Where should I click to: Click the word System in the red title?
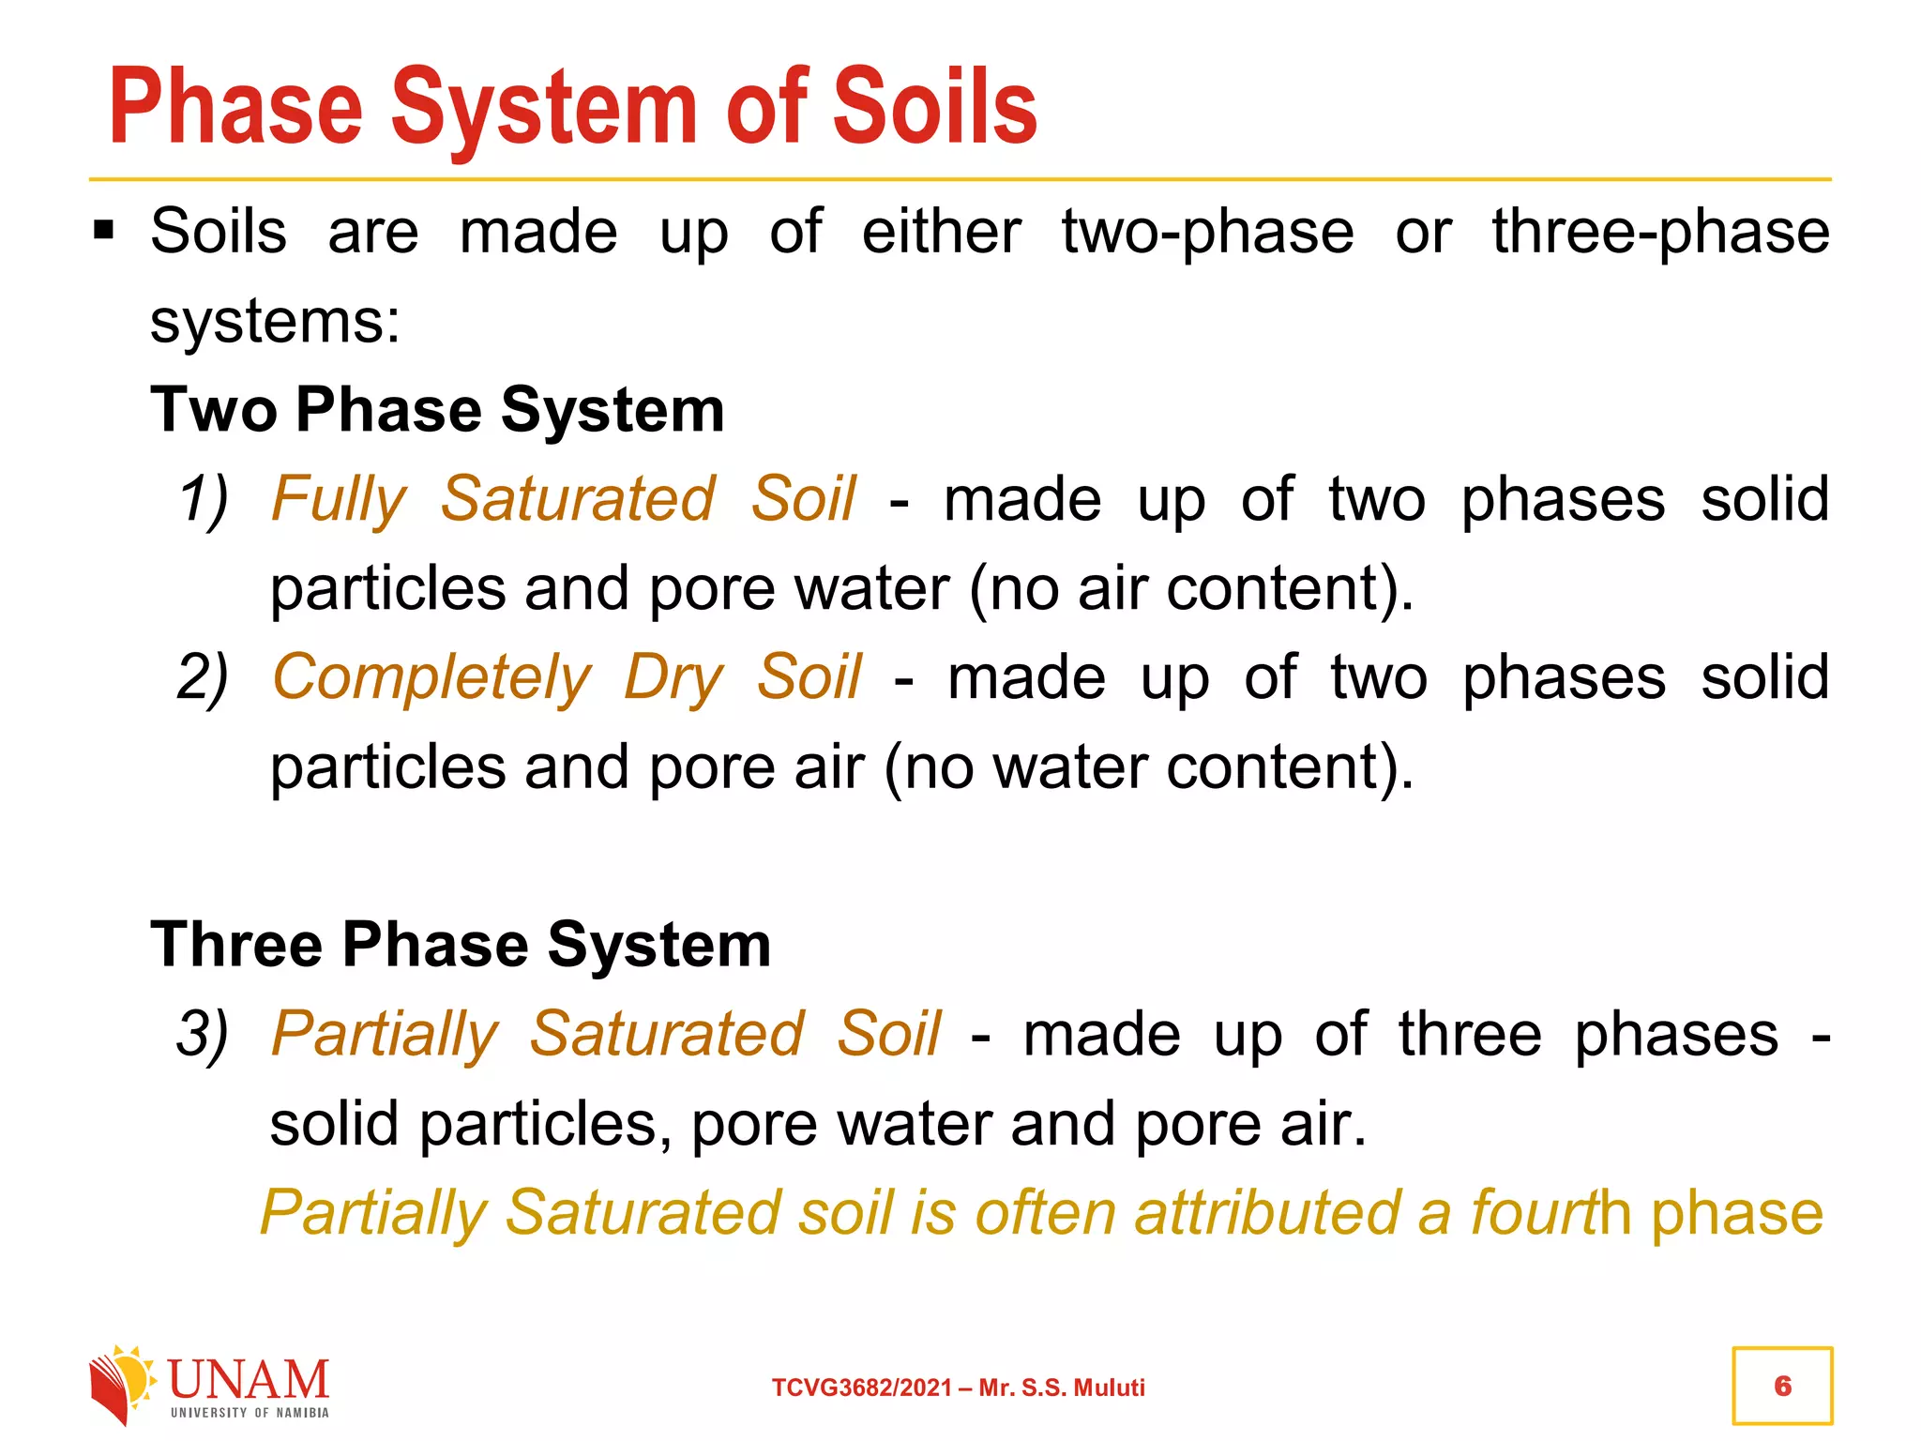[544, 108]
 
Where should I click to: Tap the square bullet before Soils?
[103, 230]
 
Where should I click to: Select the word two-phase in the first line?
[1208, 232]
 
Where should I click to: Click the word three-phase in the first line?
[1660, 232]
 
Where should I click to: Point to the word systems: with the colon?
[276, 322]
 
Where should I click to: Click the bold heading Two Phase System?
[437, 410]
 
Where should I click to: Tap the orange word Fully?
[339, 498]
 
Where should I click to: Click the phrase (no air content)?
[1191, 589]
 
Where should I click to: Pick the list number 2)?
[204, 677]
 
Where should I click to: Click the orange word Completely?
[431, 677]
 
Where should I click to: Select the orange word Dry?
[673, 677]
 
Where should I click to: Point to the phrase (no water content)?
[1148, 767]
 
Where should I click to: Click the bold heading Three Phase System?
[461, 944]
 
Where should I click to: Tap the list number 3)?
[204, 1034]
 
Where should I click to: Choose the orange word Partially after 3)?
[385, 1034]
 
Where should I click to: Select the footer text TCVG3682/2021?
[862, 1388]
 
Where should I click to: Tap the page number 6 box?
[1782, 1386]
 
